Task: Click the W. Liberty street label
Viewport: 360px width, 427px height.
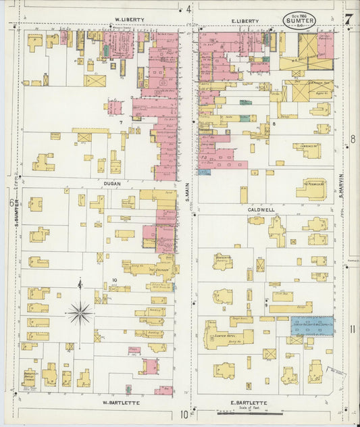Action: coord(129,20)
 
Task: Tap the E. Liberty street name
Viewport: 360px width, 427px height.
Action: coord(245,21)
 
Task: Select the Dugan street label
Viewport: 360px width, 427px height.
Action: coord(111,182)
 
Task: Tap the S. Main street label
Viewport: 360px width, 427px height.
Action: coord(188,193)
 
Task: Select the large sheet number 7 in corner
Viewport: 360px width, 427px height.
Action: coord(347,19)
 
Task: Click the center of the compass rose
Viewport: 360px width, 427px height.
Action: coord(80,313)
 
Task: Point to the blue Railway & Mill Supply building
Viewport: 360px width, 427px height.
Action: coord(312,326)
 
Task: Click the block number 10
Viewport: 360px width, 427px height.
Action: coord(115,280)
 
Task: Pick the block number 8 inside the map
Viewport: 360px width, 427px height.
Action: coord(274,124)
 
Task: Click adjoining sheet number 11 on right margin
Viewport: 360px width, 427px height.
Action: coord(353,329)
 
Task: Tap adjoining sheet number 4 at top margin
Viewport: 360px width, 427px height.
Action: coord(188,9)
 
